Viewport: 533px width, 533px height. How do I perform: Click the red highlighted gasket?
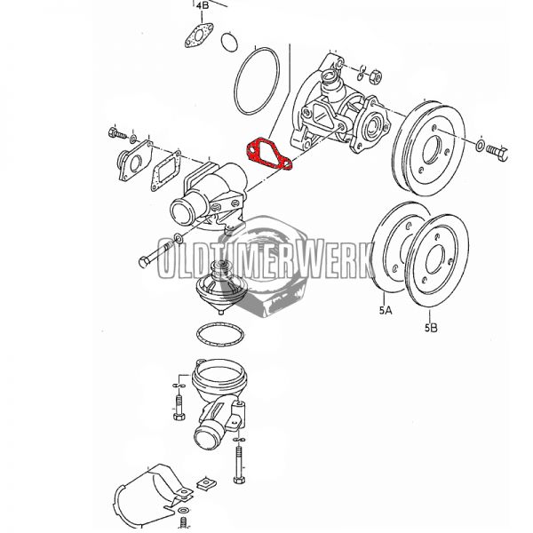point(269,154)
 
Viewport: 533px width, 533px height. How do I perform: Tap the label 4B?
point(203,5)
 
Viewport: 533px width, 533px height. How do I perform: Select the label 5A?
point(386,310)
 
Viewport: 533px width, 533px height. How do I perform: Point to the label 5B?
point(431,328)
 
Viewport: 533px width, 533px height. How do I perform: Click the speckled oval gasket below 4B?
point(199,36)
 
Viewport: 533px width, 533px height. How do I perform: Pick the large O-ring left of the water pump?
point(257,81)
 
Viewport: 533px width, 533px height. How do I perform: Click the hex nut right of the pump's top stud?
point(376,76)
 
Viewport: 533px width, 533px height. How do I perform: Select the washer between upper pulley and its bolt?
point(481,145)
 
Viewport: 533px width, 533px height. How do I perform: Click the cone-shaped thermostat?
point(222,287)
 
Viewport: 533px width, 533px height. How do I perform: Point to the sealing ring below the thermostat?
point(220,335)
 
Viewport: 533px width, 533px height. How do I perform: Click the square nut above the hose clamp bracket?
point(205,483)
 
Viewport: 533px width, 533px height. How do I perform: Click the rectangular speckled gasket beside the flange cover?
point(166,172)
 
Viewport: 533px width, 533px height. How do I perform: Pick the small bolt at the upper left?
point(117,133)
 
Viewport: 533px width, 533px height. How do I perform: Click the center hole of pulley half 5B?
point(435,259)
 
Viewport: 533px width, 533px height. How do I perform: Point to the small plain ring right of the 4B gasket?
point(229,42)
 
